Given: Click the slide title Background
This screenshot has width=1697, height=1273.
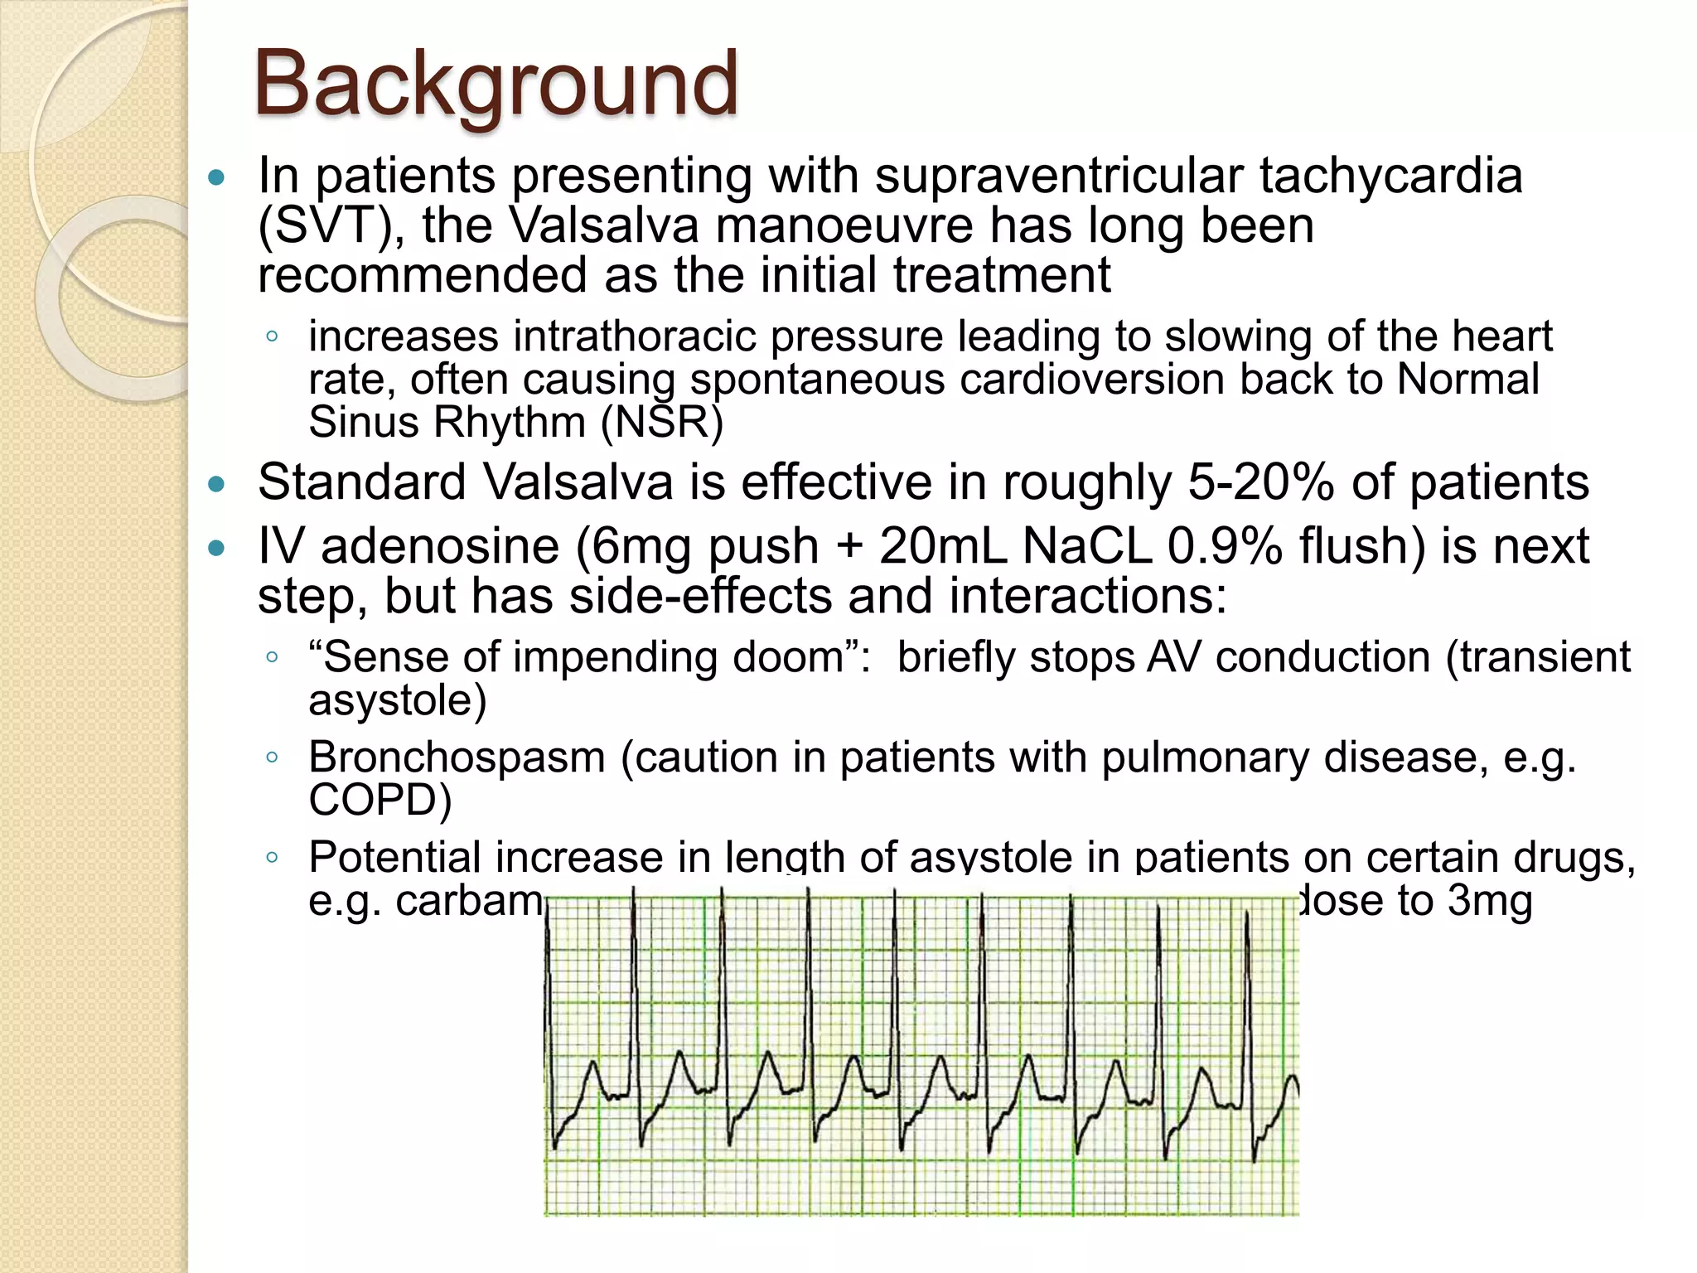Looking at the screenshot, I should click(x=495, y=85).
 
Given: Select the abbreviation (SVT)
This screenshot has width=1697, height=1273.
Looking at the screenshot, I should click(x=331, y=226).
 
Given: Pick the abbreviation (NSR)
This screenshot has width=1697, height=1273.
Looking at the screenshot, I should click(x=661, y=422).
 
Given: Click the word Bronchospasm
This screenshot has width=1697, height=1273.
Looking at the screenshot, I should click(x=457, y=758).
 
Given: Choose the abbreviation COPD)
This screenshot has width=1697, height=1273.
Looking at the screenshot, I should click(x=380, y=801).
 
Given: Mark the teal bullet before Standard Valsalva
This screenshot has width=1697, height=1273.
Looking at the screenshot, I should click(x=217, y=485).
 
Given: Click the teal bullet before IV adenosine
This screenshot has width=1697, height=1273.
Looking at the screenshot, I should click(x=217, y=549).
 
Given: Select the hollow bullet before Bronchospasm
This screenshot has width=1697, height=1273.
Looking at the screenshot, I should click(x=272, y=757).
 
